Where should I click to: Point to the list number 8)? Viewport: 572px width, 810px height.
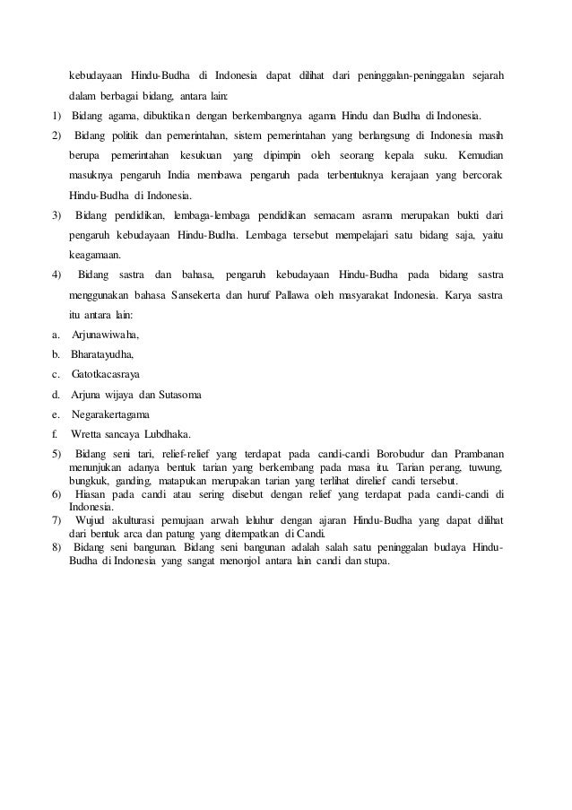[x=56, y=550]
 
